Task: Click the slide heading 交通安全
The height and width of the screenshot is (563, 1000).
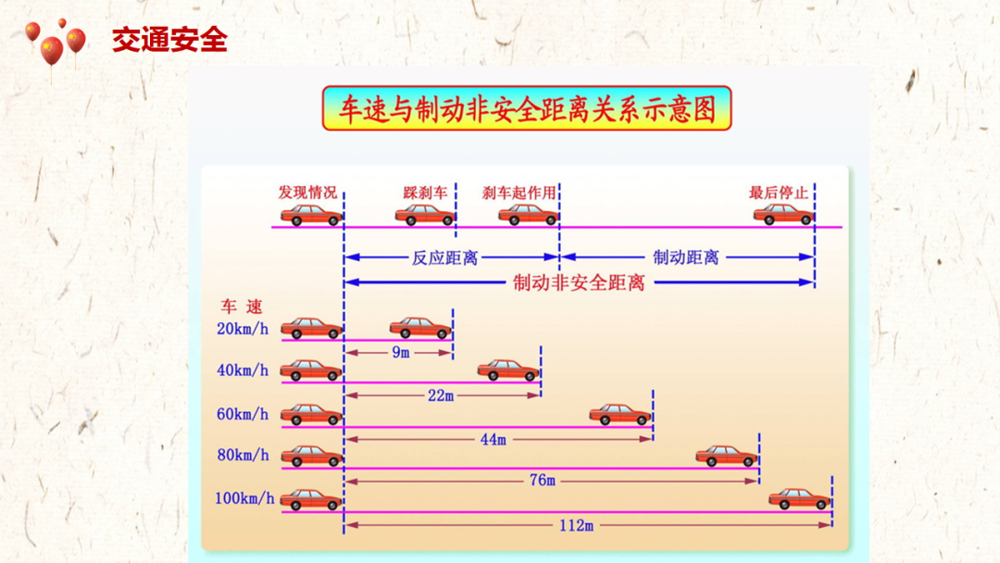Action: click(169, 40)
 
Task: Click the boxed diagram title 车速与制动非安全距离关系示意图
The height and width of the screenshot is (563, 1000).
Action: click(526, 109)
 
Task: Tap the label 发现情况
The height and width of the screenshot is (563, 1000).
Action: click(307, 193)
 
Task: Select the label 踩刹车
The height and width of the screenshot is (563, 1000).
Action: click(425, 193)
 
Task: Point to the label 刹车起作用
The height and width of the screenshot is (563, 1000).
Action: click(519, 193)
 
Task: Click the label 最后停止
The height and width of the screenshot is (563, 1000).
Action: click(779, 193)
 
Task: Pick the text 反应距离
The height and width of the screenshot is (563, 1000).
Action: click(444, 257)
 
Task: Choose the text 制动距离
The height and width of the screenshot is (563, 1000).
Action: click(686, 257)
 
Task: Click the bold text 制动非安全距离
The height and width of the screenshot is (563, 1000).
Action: click(579, 282)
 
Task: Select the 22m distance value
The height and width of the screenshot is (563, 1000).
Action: click(441, 395)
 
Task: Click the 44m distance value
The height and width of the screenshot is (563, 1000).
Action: click(493, 439)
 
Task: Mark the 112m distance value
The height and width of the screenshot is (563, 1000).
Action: click(575, 525)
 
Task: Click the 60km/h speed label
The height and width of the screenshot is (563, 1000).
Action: click(243, 414)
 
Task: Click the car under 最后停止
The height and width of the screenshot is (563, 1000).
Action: click(782, 214)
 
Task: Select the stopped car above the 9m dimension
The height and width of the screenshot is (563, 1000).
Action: click(419, 327)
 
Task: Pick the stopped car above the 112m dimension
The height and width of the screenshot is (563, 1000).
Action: click(799, 498)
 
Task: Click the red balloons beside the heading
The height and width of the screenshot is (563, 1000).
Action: click(56, 44)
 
